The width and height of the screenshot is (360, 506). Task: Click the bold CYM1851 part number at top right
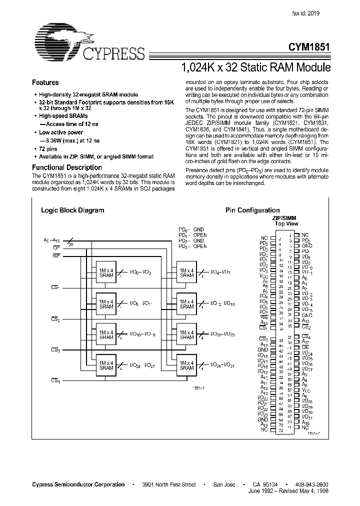(x=309, y=48)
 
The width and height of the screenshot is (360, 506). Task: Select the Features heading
(x=45, y=82)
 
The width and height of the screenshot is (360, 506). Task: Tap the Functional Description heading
(x=67, y=167)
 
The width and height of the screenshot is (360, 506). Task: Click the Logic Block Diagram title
(x=72, y=210)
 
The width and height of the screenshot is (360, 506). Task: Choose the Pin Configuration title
(x=252, y=210)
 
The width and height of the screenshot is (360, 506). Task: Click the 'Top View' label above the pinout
(x=286, y=224)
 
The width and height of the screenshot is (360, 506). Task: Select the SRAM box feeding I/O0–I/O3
(x=106, y=272)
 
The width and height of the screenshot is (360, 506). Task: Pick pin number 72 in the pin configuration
(x=280, y=430)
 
